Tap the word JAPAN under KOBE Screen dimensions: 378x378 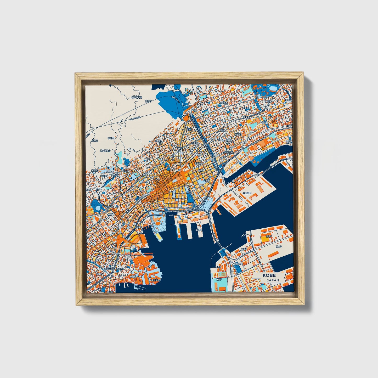coord(273,280)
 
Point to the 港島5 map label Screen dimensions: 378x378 coord(278,246)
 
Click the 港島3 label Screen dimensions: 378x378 coord(244,249)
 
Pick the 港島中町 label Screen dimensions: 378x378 coord(239,264)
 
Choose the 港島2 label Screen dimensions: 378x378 coord(218,267)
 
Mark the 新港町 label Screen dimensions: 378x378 coord(199,230)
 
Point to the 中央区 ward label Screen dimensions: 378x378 coord(111,138)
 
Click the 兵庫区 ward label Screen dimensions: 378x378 coord(94,141)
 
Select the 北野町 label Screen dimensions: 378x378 coord(158,141)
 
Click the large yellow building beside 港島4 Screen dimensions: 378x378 coord(263,238)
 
